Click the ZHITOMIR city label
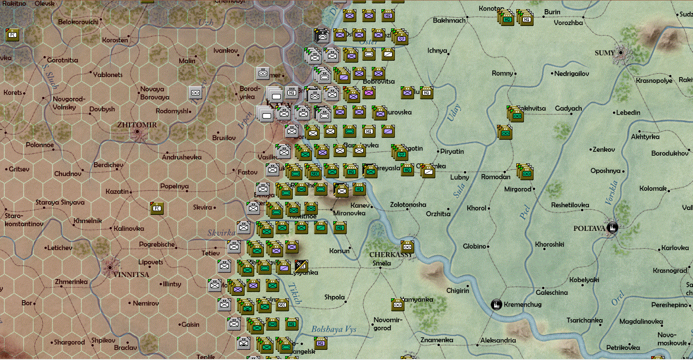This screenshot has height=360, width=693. pos(137,124)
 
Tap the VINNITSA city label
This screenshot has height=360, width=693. pos(131,275)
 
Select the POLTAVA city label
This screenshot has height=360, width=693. pos(588,228)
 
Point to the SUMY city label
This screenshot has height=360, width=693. pos(605,53)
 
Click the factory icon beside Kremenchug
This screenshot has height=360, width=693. pos(496,304)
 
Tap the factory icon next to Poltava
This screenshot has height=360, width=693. pos(613,228)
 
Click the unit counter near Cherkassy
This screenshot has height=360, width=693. pos(407,246)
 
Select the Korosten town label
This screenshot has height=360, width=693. pos(115,40)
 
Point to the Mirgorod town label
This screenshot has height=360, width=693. pos(518,189)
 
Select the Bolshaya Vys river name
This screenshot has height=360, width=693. pos(334,330)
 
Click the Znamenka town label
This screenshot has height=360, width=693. pos(436,340)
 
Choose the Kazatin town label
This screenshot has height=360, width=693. pos(117,191)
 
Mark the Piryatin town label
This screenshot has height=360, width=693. pos(452,151)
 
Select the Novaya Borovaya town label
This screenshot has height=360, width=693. pos(155,93)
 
